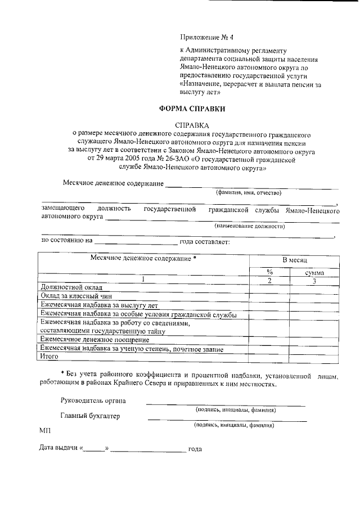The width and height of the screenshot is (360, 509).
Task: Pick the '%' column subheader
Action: [x=269, y=272]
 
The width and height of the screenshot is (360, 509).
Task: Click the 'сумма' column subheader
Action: [x=314, y=272]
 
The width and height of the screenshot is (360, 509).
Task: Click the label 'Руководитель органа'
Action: [x=93, y=400]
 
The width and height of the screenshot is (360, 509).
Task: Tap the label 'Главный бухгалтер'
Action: [x=89, y=416]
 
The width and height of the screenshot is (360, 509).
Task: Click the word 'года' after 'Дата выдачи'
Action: [x=195, y=449]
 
